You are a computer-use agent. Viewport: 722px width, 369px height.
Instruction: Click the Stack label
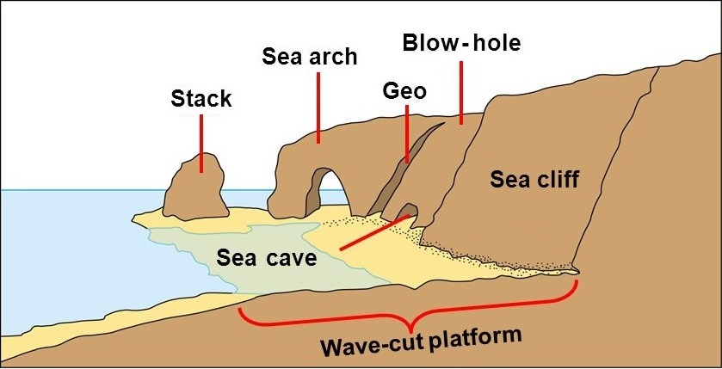point(201,98)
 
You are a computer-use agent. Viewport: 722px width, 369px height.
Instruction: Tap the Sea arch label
point(309,58)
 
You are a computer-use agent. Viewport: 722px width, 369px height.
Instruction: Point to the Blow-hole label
point(462,42)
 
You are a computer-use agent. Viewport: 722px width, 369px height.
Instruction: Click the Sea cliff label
point(534,179)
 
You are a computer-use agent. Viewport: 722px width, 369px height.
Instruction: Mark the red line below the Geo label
point(406,133)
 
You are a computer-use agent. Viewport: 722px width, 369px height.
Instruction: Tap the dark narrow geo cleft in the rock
point(404,172)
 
